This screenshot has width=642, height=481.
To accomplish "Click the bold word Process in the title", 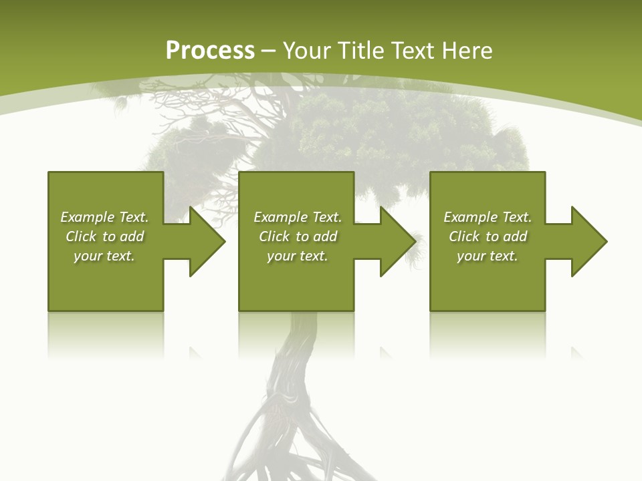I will (x=210, y=51).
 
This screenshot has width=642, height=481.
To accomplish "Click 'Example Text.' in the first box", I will (x=104, y=217).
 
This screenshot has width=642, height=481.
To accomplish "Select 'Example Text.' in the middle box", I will (x=298, y=217).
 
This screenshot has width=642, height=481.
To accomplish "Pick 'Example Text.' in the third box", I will (x=488, y=217).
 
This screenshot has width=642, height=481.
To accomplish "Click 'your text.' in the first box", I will (x=104, y=256).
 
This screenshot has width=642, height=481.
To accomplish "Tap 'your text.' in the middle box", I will (x=298, y=256).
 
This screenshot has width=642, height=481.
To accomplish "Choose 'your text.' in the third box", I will (x=488, y=256).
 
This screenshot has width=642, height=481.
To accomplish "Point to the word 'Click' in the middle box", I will (x=274, y=236).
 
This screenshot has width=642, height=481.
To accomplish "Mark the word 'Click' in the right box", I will (x=464, y=236).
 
